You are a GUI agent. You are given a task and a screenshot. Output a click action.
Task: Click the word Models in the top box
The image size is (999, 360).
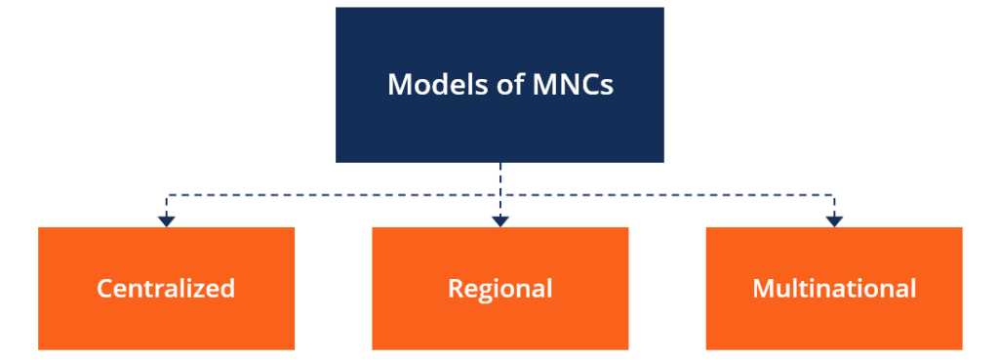pyautogui.click(x=429, y=84)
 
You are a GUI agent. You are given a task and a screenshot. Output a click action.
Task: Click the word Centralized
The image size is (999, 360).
pyautogui.click(x=166, y=289)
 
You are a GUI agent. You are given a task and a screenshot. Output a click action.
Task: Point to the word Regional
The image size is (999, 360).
pyautogui.click(x=499, y=289)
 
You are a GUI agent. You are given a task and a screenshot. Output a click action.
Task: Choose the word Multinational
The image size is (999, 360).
pyautogui.click(x=834, y=289)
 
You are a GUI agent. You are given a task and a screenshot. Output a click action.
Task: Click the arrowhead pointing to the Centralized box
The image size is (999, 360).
pyautogui.click(x=167, y=220)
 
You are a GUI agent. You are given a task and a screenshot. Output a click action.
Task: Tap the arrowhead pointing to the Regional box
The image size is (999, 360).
pyautogui.click(x=500, y=220)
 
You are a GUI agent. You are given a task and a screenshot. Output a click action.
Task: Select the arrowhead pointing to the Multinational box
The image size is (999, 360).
pyautogui.click(x=834, y=220)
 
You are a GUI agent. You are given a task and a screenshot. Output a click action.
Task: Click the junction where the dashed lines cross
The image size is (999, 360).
pyautogui.click(x=500, y=195)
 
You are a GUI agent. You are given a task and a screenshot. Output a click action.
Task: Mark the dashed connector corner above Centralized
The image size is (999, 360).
pyautogui.click(x=167, y=195)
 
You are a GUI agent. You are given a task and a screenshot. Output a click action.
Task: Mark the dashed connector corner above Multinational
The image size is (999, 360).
pyautogui.click(x=834, y=195)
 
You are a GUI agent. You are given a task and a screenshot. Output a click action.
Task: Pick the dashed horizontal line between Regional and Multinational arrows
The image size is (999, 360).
pyautogui.click(x=667, y=195)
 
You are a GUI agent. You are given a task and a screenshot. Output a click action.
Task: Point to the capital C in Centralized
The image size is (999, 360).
pyautogui.click(x=104, y=289)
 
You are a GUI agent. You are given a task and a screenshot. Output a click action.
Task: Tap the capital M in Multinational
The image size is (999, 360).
pyautogui.click(x=763, y=289)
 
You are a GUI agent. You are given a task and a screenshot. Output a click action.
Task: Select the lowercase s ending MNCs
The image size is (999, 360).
pyautogui.click(x=608, y=86)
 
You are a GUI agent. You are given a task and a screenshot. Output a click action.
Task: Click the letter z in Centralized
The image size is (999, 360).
pyautogui.click(x=205, y=290)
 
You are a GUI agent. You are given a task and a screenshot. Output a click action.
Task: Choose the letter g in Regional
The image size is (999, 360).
pyautogui.click(x=485, y=292)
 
